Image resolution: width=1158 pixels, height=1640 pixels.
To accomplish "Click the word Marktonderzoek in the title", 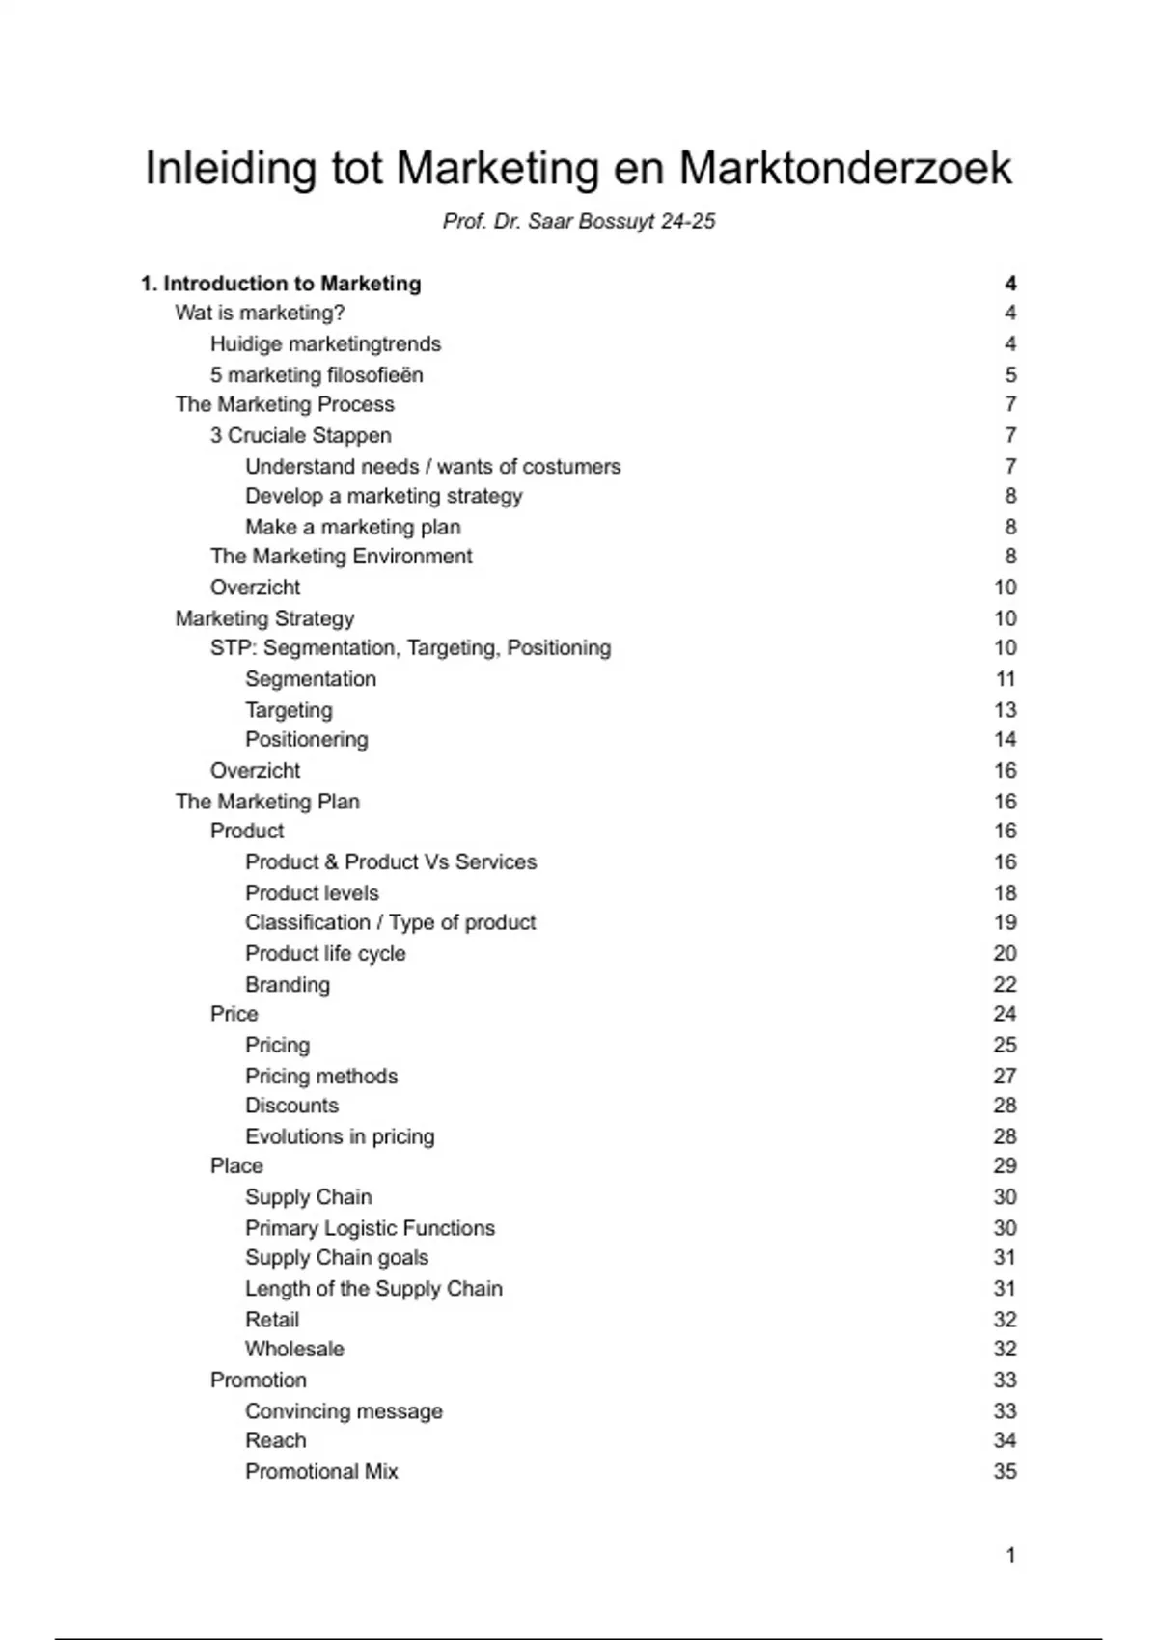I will coord(844,168).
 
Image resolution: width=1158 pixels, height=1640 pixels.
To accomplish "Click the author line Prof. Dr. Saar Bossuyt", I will coord(579,221).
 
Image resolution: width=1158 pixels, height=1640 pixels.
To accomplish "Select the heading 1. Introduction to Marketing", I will coord(281,284).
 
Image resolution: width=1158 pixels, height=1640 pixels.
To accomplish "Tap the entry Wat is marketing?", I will coord(260,313).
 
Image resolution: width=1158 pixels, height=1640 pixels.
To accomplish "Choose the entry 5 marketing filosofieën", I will coord(317,374).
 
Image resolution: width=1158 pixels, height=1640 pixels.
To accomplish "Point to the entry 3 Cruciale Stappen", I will coord(301,435).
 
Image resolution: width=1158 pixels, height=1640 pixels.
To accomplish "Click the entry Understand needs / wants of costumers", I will coord(432,467).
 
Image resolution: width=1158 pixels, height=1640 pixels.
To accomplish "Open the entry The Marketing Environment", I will coord(342,556).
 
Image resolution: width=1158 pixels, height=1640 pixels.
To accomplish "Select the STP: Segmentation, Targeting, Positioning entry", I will coord(410,647).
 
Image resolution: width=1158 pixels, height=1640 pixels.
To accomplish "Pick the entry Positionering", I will coord(307,739).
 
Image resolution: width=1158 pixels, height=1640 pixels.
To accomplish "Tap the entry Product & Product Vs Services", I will coord(391,861).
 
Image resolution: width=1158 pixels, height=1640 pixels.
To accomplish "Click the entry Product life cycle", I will coord(325,953).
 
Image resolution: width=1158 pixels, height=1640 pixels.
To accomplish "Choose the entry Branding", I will coord(288,984).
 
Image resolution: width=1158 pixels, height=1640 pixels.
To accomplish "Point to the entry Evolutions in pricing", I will coord(340,1136).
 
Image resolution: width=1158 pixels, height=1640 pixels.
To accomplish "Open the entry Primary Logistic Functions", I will coord(370,1228).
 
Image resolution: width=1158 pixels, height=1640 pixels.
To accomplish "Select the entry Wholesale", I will coord(294,1349).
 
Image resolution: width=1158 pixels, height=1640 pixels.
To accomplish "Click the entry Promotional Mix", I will coord(321,1471).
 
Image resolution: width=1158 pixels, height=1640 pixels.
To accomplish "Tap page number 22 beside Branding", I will coord(1005,984).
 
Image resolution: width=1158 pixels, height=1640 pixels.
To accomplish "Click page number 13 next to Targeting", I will coord(1005,710).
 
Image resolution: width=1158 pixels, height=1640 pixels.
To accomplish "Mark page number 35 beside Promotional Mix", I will coord(1005,1471).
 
